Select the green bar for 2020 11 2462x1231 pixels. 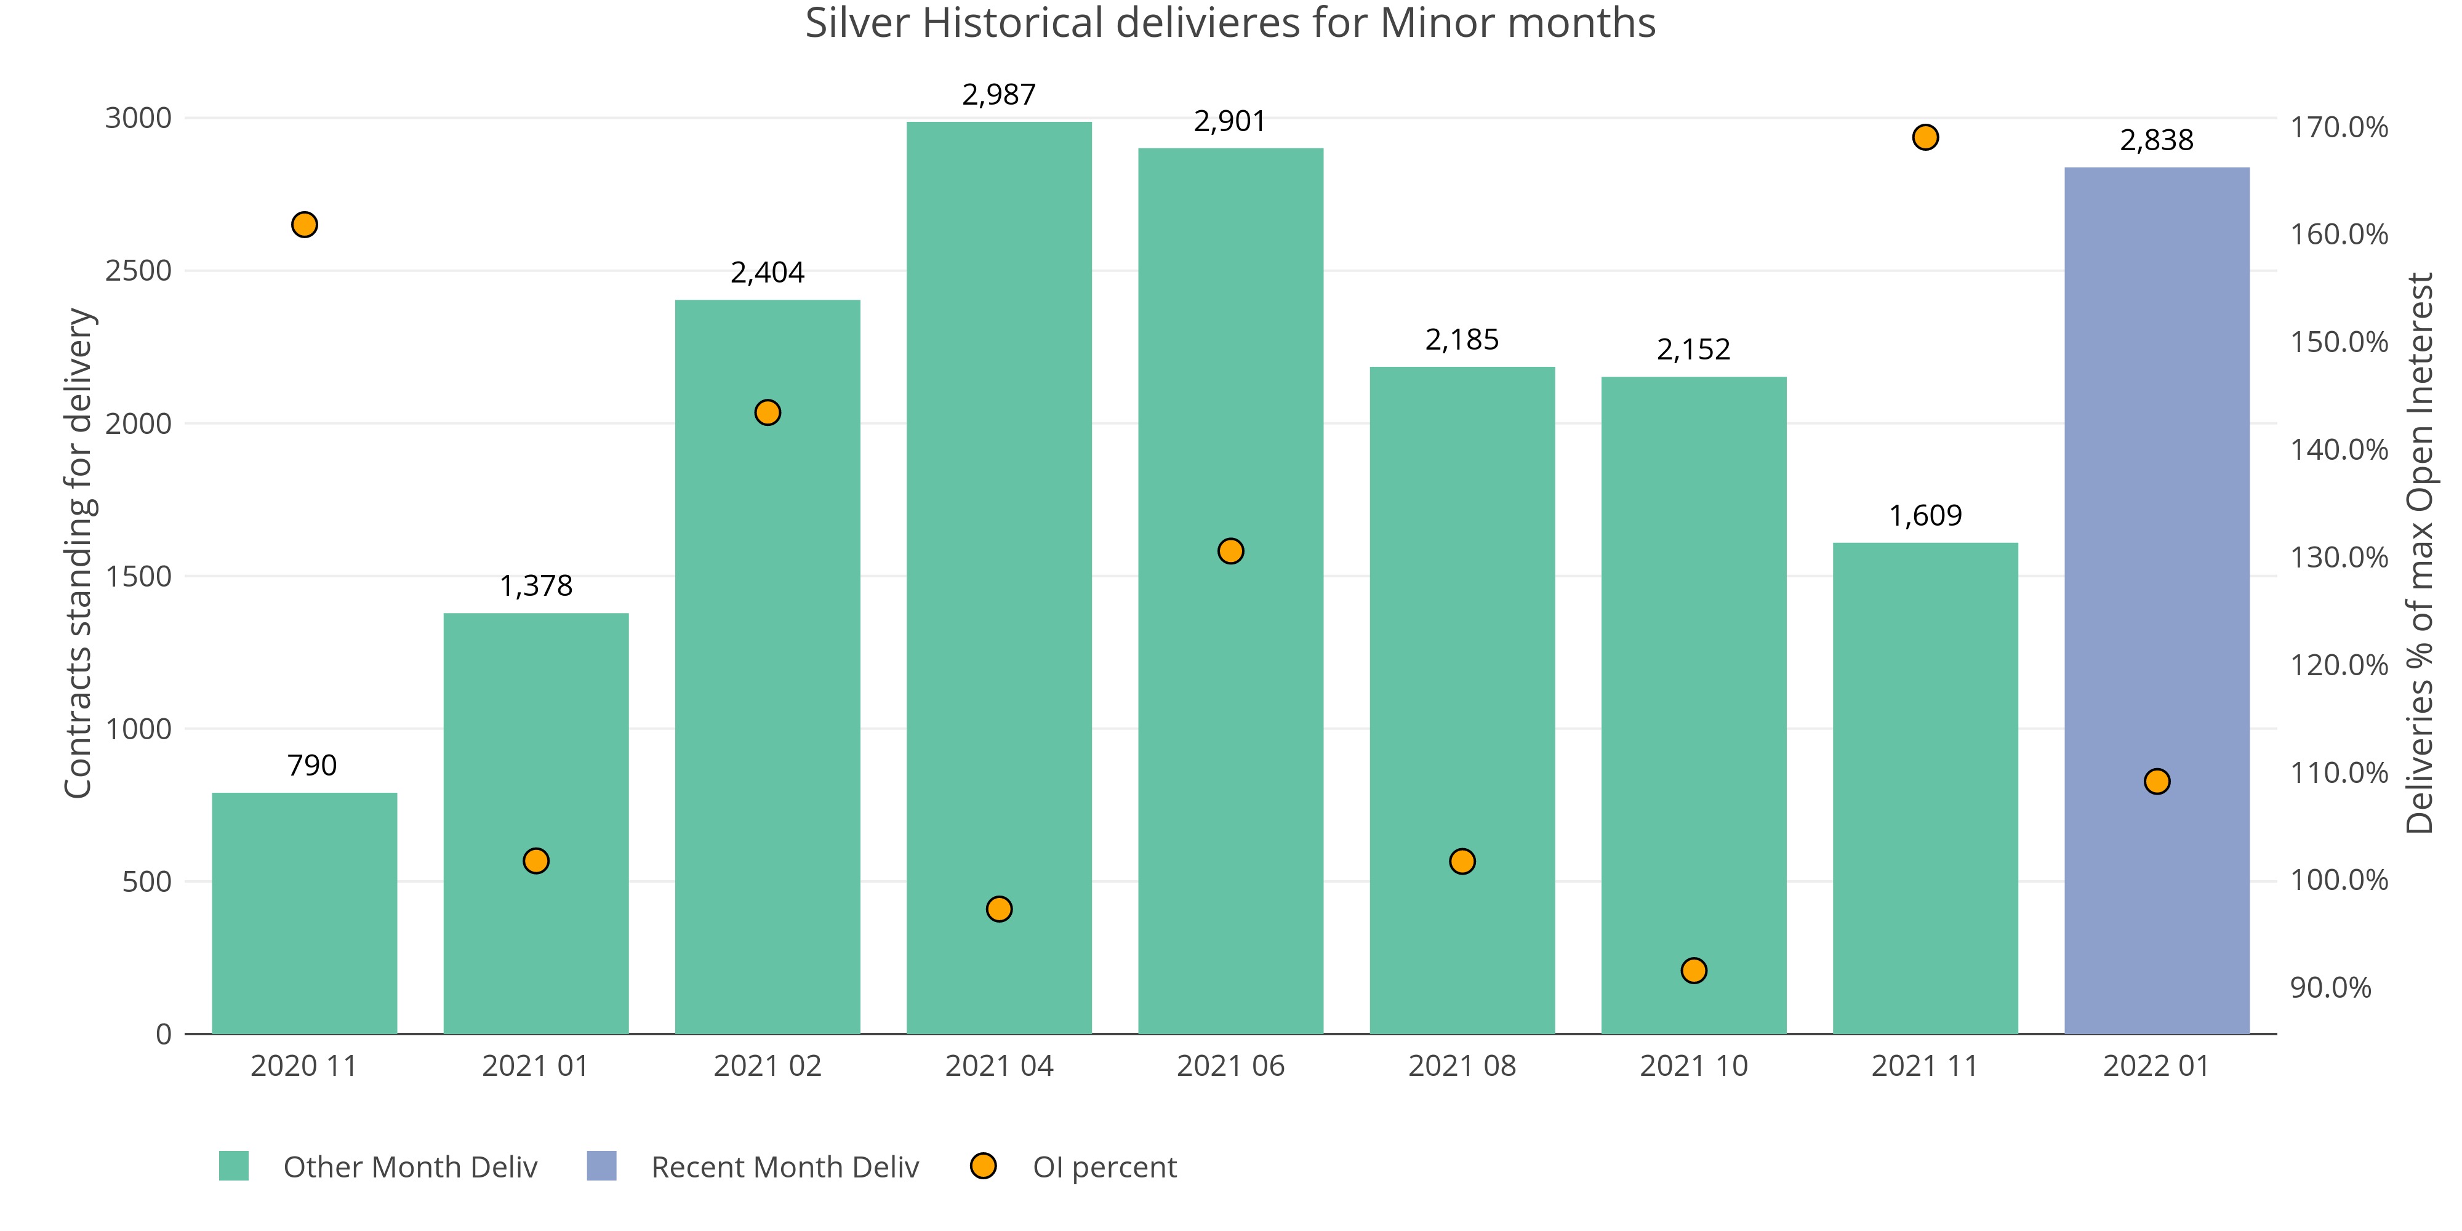(x=304, y=913)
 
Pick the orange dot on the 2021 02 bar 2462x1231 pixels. (x=768, y=413)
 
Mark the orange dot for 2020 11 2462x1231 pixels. (x=304, y=225)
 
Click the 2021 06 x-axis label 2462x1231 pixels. (x=1230, y=1065)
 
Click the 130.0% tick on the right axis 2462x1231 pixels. (x=2338, y=557)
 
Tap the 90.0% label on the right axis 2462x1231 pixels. (x=2330, y=987)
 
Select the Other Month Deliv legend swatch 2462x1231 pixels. (x=233, y=1166)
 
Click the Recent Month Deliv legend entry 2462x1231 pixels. (x=784, y=1167)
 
